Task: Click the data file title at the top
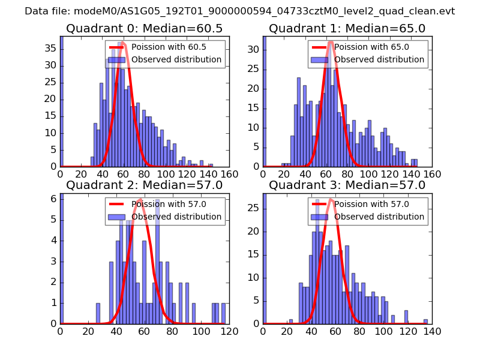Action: [x=239, y=11]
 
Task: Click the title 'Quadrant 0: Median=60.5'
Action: [x=145, y=29]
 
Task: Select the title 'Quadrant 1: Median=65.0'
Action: [x=347, y=29]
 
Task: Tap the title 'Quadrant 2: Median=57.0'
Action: [x=145, y=185]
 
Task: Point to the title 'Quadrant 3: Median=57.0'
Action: [x=347, y=185]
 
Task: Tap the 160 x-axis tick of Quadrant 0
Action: [x=229, y=174]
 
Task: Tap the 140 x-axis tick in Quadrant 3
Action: [x=432, y=330]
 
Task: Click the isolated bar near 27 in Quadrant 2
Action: [x=98, y=313]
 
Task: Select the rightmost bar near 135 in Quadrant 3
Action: [x=425, y=321]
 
